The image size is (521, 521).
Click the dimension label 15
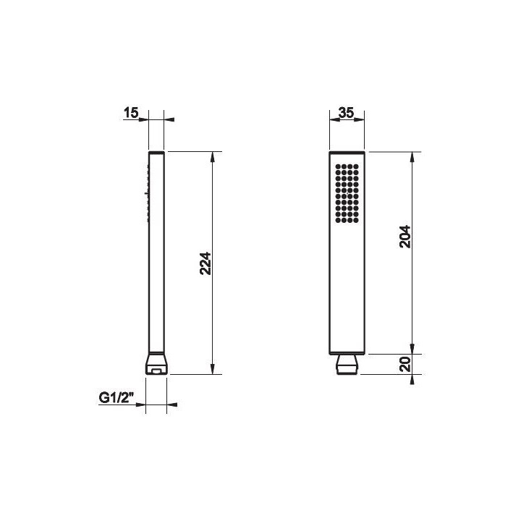131,113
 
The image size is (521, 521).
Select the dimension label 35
346,113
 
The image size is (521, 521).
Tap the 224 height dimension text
206,263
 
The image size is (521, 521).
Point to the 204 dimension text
405,237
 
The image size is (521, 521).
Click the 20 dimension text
405,364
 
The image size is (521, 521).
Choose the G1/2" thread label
117,397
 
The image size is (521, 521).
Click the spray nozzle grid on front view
347,193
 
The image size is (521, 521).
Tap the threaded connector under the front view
347,365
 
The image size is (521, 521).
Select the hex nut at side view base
156,364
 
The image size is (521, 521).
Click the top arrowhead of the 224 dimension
213,157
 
